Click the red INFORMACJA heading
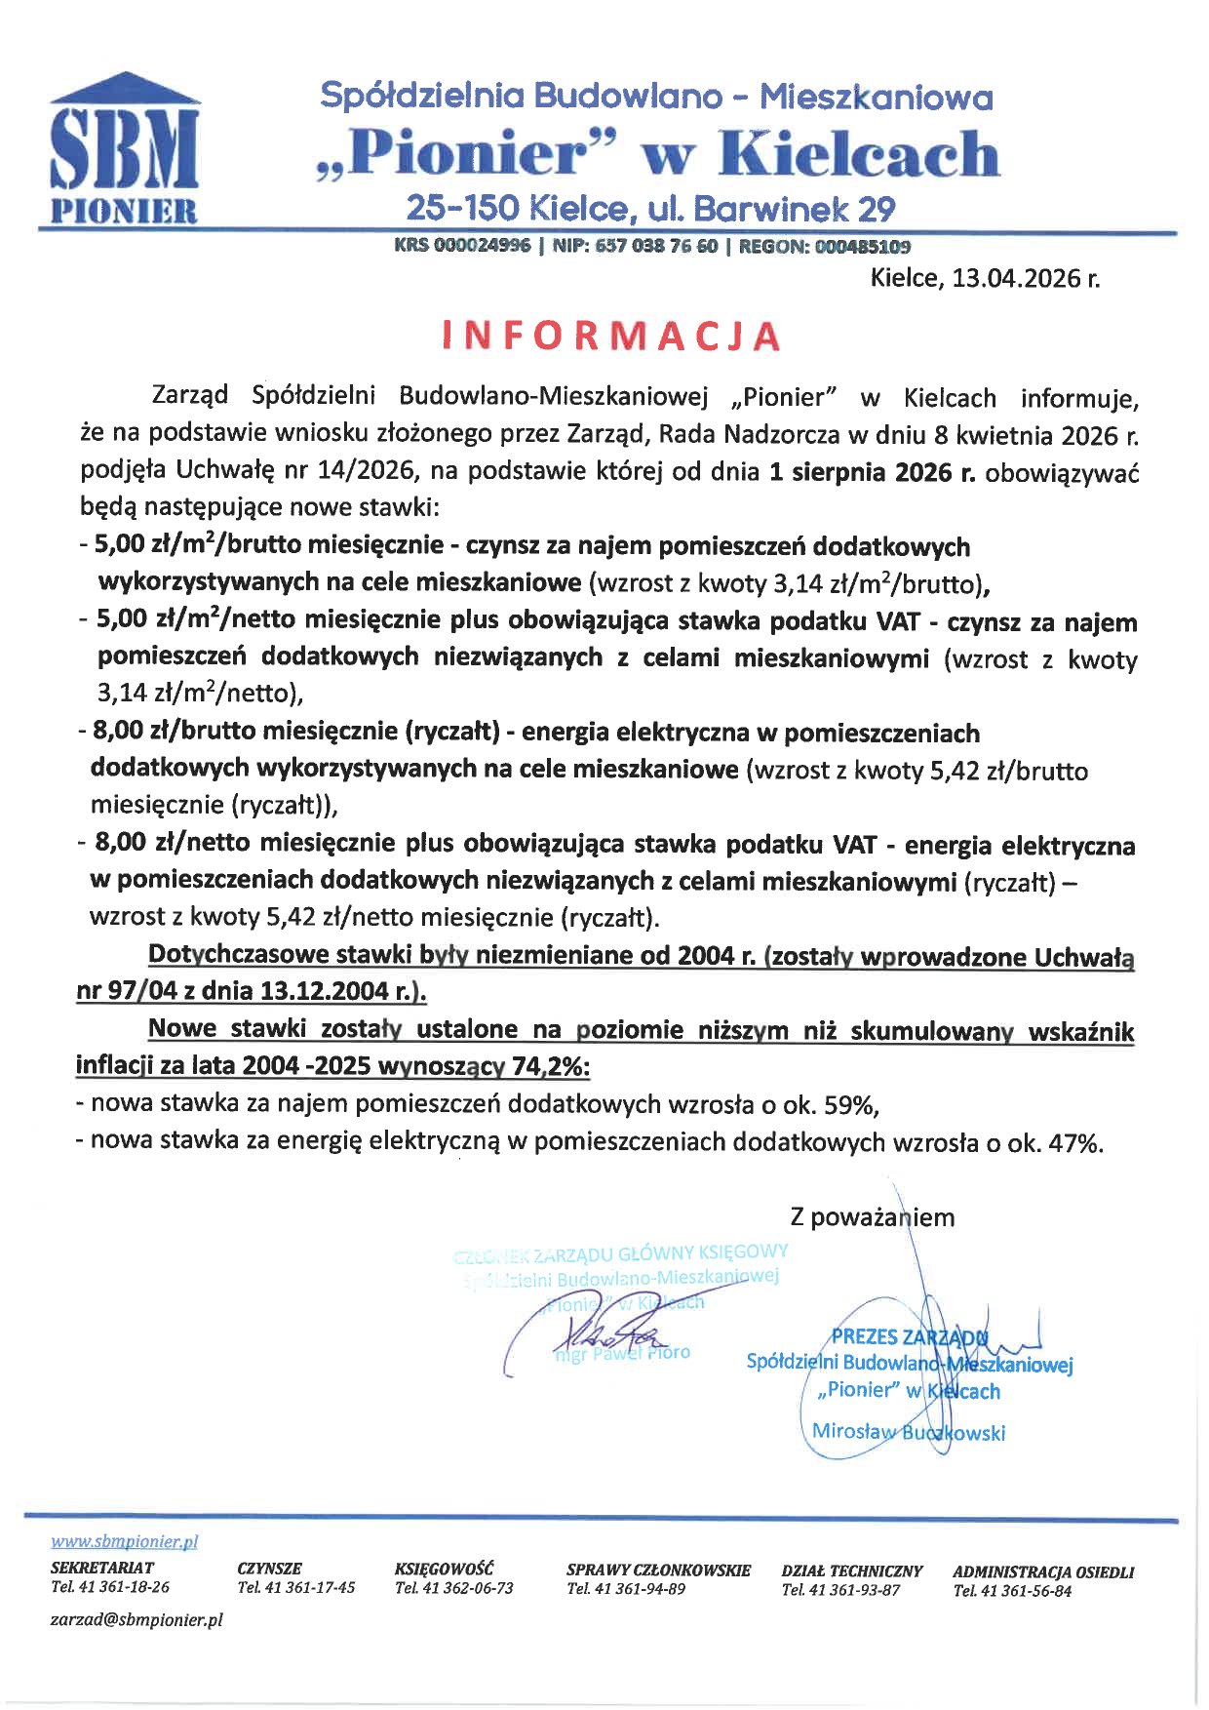611,335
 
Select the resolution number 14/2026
365,473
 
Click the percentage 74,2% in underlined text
550,1066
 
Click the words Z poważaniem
872,1216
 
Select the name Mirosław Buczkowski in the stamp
908,1432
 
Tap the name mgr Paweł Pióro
622,1353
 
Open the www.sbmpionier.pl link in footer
124,1542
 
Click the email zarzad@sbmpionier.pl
136,1619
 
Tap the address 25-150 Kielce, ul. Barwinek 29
650,208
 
